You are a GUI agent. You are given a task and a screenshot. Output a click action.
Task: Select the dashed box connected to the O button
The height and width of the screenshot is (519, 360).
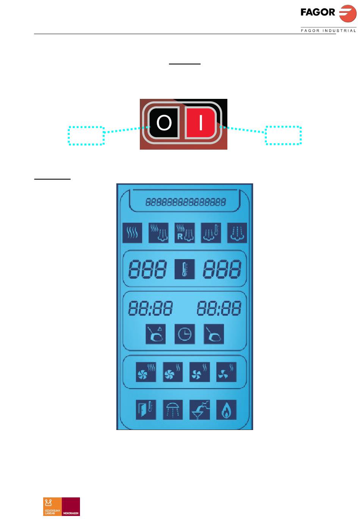pos(86,136)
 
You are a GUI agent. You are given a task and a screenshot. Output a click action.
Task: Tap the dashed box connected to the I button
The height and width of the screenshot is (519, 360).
pos(283,135)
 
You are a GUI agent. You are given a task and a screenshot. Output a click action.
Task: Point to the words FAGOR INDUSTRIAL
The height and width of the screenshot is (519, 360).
pos(328,31)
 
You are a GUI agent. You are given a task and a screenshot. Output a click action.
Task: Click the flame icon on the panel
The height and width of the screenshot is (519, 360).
pos(226,410)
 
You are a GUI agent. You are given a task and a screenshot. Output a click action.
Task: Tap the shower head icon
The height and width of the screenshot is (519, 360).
pos(173,410)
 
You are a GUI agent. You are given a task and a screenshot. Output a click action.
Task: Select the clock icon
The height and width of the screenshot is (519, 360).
pos(185,334)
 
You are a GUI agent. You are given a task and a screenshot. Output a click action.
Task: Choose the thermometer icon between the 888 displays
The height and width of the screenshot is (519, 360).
pos(185,269)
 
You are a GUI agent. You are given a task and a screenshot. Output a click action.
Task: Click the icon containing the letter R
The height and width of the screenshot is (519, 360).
pos(185,233)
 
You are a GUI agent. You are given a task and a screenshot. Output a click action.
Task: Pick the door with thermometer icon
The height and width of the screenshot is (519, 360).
pos(146,410)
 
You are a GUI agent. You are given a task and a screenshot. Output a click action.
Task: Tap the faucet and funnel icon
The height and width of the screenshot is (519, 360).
pos(199,410)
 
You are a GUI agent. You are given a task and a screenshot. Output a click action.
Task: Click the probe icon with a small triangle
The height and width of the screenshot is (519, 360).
pos(156,334)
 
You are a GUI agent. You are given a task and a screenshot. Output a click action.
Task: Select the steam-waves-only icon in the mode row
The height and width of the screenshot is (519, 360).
pos(132,233)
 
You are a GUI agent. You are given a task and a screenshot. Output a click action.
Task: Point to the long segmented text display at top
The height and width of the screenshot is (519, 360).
pos(185,202)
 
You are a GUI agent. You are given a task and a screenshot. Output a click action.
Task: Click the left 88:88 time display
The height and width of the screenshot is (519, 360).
pos(150,308)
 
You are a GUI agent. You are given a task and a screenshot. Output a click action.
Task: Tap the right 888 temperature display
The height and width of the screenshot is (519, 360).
pos(222,269)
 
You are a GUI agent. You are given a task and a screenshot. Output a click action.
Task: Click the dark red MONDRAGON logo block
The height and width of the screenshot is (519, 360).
pos(70,506)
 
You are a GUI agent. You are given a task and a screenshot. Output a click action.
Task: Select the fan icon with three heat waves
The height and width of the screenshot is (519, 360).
pos(146,372)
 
